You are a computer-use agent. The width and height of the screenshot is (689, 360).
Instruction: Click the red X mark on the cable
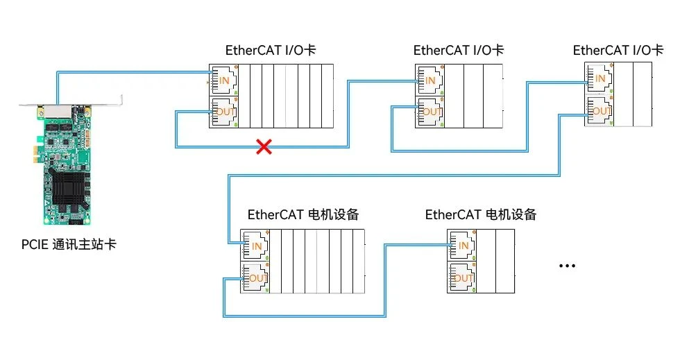[264, 146]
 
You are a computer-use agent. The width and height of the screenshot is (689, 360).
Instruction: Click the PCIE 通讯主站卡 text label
[68, 245]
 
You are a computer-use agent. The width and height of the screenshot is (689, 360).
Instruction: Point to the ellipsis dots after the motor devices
[567, 266]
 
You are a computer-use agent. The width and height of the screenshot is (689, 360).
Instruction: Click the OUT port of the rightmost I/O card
[597, 110]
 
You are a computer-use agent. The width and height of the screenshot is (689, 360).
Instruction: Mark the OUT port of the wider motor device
[254, 278]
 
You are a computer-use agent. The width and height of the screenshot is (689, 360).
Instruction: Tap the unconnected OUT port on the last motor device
[461, 277]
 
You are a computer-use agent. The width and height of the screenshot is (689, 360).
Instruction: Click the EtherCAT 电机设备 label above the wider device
[303, 214]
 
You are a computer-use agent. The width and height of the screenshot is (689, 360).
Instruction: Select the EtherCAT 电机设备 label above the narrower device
[481, 214]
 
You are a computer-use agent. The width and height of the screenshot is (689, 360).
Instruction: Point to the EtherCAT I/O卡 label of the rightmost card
[618, 51]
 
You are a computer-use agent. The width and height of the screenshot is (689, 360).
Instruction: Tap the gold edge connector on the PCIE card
[59, 221]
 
